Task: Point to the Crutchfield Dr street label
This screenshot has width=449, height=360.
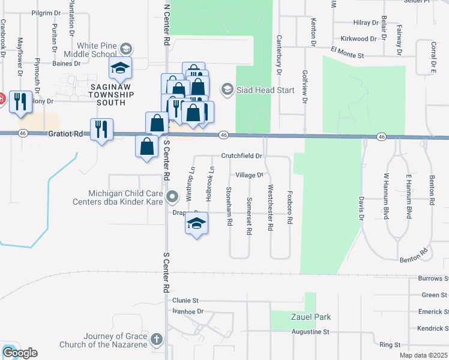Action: pos(242,155)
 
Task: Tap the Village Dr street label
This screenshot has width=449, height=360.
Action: pos(249,175)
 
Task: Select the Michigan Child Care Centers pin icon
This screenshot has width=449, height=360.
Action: pos(172,196)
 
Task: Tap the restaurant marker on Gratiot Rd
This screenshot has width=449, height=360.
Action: pos(101,129)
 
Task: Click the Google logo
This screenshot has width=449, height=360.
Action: pos(19,353)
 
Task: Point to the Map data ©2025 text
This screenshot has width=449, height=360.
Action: pos(423,356)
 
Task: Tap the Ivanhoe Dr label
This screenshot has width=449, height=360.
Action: pos(188,311)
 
